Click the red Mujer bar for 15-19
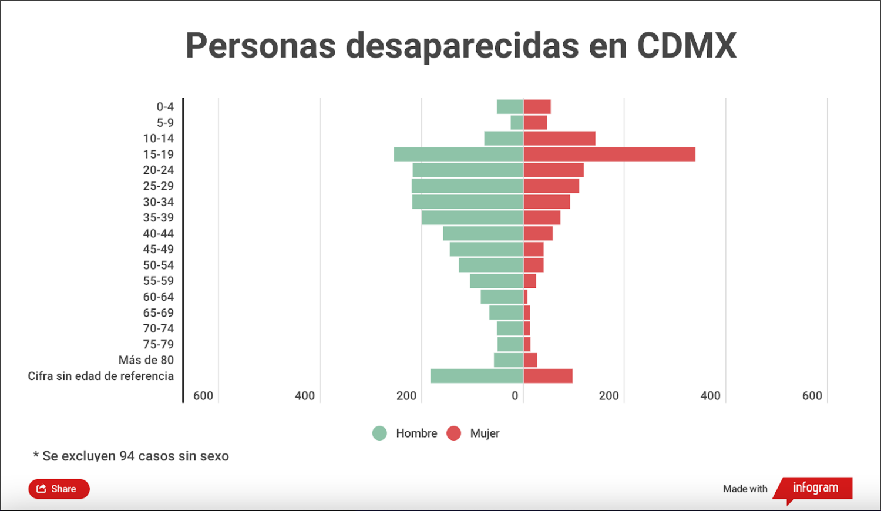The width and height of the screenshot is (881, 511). pos(609,154)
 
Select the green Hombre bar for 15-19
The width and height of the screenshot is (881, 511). pos(458,154)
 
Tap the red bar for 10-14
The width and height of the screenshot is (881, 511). pos(559,139)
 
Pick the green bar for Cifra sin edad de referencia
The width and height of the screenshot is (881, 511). pos(476,376)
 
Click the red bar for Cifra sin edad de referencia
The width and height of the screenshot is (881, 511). pos(548,376)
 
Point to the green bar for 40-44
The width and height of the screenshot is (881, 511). pos(483,233)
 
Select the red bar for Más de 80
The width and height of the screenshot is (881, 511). pos(530,360)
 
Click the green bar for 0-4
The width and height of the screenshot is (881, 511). pos(510,107)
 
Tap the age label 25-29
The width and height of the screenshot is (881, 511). pos(159,186)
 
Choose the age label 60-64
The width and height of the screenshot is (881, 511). pos(159,297)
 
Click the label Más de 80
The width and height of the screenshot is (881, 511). pos(146,360)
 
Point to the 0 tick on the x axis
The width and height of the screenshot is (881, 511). pos(515,396)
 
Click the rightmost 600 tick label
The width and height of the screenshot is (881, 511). pos(812,396)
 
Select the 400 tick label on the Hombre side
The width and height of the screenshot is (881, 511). pos(305,396)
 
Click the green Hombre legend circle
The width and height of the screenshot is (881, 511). pos(379,433)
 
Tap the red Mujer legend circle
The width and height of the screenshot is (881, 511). pos(453,433)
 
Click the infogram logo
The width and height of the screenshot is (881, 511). pos(815,488)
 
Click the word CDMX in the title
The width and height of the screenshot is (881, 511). pos(686,45)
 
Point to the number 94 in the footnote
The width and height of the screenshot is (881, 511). pos(127,456)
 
